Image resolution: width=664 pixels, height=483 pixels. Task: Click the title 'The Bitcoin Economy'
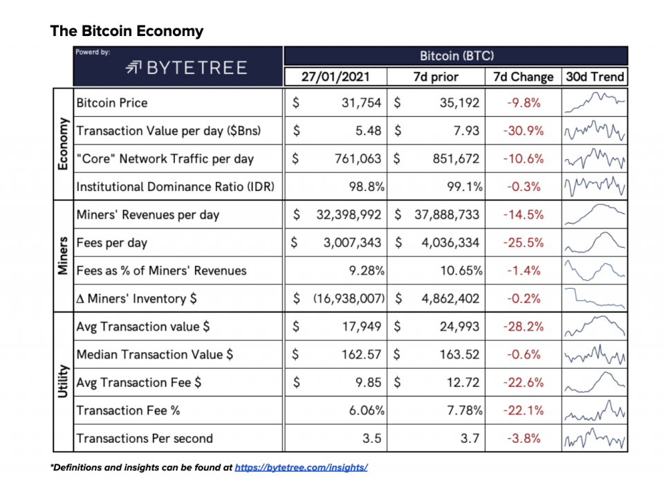click(x=127, y=31)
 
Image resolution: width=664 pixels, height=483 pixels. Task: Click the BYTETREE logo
click(x=186, y=67)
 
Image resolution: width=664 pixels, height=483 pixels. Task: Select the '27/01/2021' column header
click(x=335, y=77)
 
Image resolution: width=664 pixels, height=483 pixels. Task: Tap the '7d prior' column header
click(x=436, y=77)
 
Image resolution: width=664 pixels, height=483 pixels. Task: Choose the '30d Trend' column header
click(x=594, y=77)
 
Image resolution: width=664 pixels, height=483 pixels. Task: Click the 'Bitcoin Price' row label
click(x=112, y=103)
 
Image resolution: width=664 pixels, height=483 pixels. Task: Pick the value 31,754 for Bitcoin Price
click(x=360, y=103)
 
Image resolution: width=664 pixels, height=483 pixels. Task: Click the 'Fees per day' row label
click(x=111, y=243)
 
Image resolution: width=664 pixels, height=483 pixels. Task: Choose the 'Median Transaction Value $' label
click(x=155, y=355)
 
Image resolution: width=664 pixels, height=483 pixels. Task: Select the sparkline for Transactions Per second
click(x=595, y=439)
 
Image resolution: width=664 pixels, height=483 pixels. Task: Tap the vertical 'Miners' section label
click(x=63, y=257)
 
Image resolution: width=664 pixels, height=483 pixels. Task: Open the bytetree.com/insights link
click(x=301, y=468)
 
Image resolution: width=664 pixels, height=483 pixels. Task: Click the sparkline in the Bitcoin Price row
click(x=595, y=103)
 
